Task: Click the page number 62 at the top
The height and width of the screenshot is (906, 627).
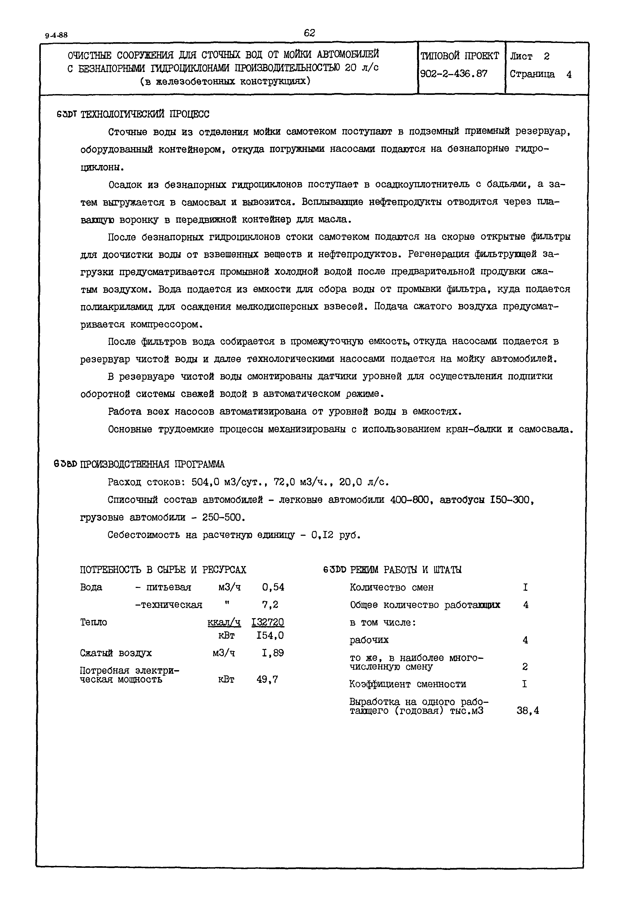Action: [x=309, y=33]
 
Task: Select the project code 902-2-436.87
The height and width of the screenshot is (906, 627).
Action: [x=453, y=74]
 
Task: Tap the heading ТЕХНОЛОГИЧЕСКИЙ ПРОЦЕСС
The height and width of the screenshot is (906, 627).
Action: [x=145, y=114]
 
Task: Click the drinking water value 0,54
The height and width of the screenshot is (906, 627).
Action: [x=273, y=587]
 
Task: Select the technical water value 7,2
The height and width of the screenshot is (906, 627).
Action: [x=270, y=605]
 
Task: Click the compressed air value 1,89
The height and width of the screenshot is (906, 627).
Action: [x=273, y=653]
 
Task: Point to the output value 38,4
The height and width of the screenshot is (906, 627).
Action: [x=528, y=710]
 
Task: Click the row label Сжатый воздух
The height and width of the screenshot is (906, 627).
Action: [x=116, y=653]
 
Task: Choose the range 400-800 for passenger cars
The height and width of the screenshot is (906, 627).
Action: [x=409, y=500]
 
